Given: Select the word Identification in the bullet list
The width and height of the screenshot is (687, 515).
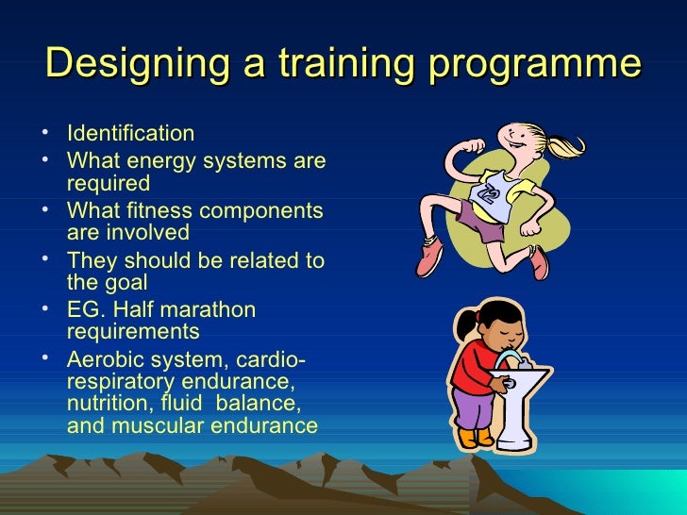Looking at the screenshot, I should point(131,133).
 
